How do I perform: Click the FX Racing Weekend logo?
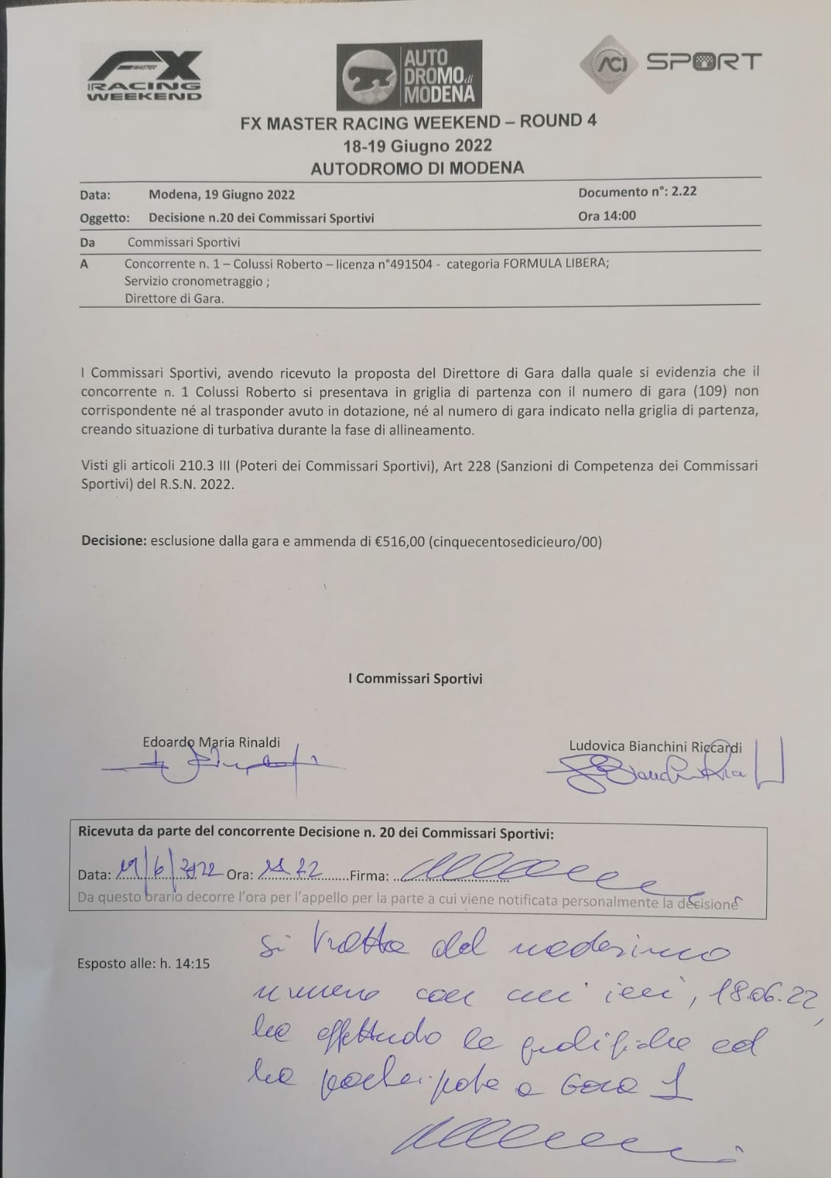(144, 75)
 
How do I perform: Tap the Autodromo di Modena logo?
(409, 75)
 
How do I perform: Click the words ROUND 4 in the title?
(558, 121)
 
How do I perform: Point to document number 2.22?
(681, 191)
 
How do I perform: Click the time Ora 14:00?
(607, 216)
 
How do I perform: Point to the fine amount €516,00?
(400, 542)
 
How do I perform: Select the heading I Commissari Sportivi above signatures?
(415, 679)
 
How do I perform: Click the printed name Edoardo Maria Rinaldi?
(211, 742)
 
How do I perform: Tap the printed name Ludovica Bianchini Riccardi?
(655, 746)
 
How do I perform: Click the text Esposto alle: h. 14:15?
(144, 963)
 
